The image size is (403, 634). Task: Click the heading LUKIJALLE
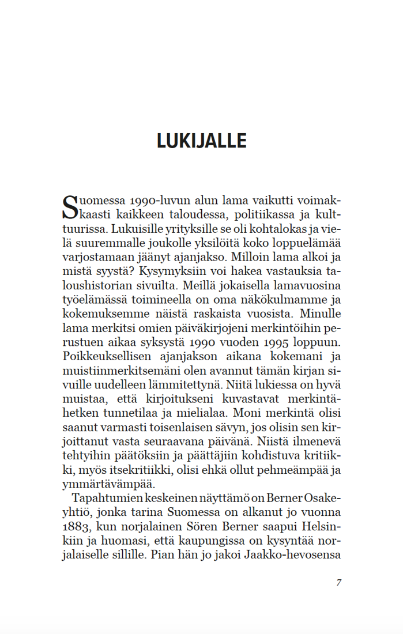(x=201, y=141)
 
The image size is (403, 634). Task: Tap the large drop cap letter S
(x=69, y=208)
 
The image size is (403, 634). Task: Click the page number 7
(x=339, y=582)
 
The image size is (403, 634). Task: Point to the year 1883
(x=76, y=526)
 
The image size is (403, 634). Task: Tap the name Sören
(x=204, y=526)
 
